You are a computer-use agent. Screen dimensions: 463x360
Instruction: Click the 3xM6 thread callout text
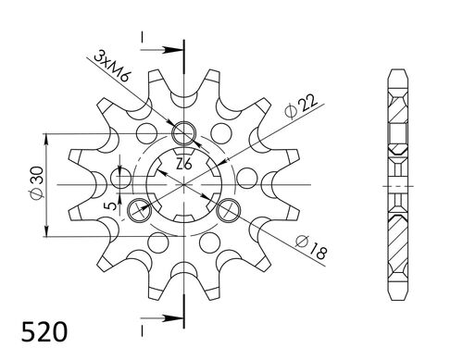click(x=112, y=68)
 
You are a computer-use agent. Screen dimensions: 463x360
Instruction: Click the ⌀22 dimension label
click(x=301, y=106)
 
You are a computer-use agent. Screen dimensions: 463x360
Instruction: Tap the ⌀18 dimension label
click(x=311, y=247)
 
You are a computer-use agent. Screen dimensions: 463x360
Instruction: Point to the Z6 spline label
click(x=184, y=164)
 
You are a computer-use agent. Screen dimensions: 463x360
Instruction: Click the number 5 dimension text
click(x=113, y=205)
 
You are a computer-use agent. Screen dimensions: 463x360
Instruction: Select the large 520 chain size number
click(x=44, y=332)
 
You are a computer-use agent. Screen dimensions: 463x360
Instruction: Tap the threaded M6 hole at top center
click(x=184, y=133)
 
